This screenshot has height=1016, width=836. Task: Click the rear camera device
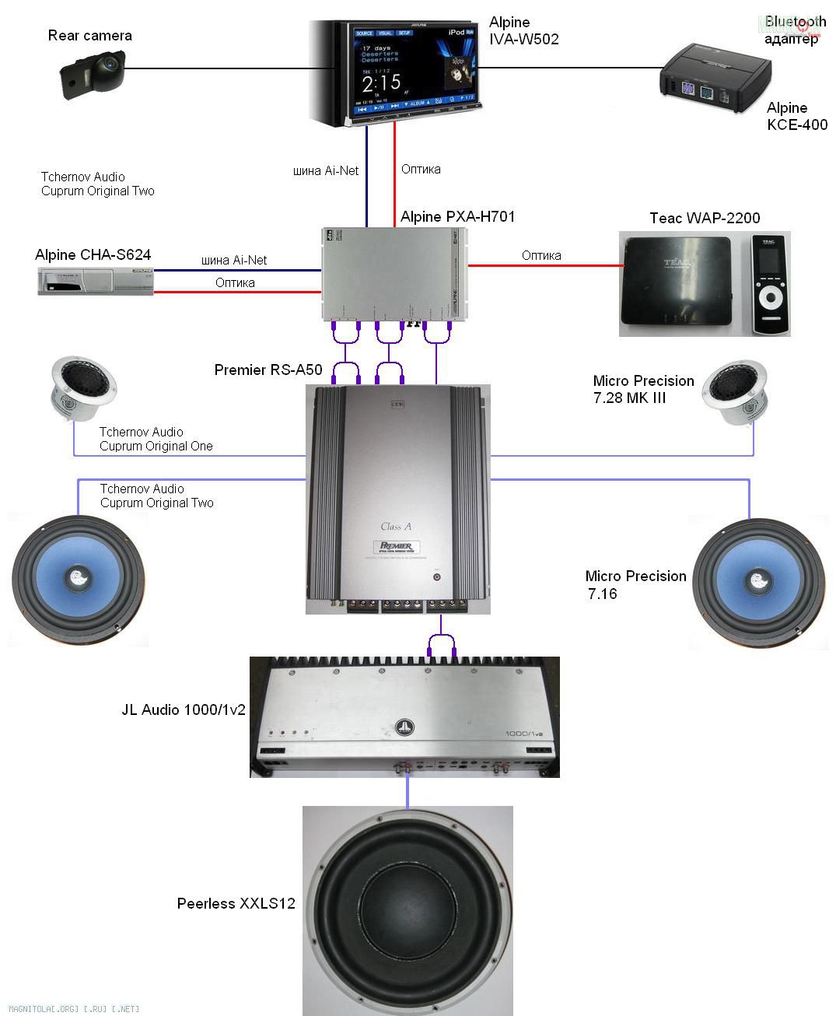tap(93, 74)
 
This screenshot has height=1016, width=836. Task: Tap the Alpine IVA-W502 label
tap(523, 30)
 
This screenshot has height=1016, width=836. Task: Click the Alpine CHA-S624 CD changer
tap(96, 280)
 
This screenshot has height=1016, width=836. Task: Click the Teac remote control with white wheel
tap(769, 286)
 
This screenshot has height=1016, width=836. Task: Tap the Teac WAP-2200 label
tap(705, 218)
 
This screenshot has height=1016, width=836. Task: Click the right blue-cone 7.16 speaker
tap(757, 581)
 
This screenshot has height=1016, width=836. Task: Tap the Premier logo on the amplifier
tap(396, 546)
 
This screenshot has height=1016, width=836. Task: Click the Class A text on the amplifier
tap(396, 527)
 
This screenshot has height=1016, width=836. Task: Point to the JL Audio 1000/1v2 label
tap(184, 709)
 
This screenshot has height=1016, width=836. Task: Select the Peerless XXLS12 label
tap(236, 903)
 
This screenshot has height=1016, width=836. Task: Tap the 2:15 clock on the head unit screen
tap(381, 82)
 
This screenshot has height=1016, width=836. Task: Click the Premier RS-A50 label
tap(268, 370)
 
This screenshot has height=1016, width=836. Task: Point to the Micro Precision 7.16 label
tap(635, 584)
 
